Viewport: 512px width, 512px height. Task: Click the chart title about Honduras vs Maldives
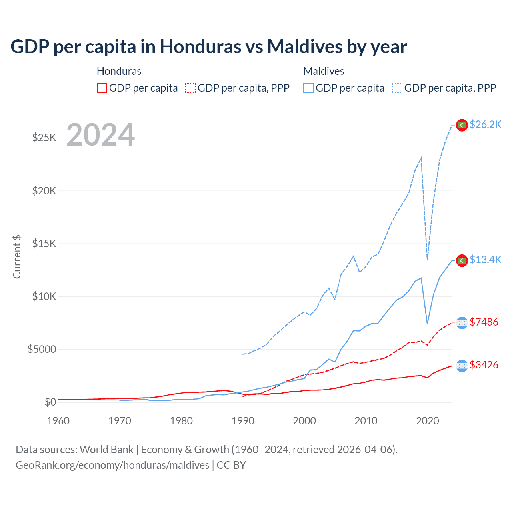[x=208, y=47]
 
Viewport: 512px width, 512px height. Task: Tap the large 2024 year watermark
[x=100, y=135]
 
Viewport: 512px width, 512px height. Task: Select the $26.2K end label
[x=485, y=125]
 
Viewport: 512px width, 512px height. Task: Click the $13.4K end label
[x=485, y=260]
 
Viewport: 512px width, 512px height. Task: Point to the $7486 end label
[x=484, y=322]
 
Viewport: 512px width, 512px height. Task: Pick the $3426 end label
[x=484, y=365]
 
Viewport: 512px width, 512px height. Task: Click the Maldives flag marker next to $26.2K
[x=462, y=125]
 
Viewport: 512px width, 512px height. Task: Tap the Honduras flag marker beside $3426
[x=462, y=366]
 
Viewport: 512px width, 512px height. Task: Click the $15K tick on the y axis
[x=44, y=244]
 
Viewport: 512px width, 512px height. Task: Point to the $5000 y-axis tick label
[x=42, y=349]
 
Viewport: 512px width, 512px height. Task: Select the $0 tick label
[x=50, y=402]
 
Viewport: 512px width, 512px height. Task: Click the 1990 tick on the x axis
[x=243, y=421]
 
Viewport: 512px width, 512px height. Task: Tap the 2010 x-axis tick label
[x=366, y=421]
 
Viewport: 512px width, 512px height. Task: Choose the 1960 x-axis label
[x=58, y=421]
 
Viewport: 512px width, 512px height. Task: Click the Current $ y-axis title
[x=17, y=257]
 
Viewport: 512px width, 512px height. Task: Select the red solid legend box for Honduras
[x=102, y=88]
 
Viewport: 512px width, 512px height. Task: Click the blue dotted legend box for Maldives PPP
[x=397, y=88]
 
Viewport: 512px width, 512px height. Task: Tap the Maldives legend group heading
[x=324, y=71]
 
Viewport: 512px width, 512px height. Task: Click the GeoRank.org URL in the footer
[x=112, y=465]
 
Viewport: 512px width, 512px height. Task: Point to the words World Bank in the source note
[x=106, y=450]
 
